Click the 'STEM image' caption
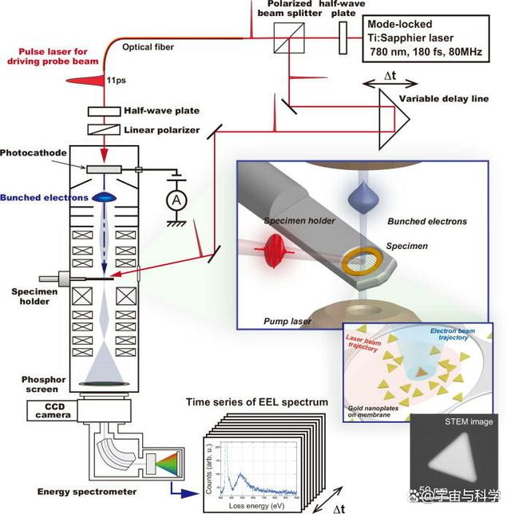[470, 421]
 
